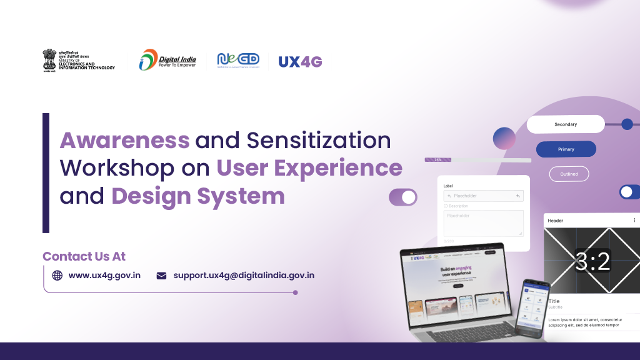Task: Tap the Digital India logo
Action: point(167,60)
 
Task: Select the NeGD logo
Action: point(237,60)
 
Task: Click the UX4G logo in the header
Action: point(300,61)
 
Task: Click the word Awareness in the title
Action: point(124,141)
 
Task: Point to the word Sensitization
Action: point(319,141)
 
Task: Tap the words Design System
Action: point(198,196)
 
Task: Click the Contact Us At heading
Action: point(84,256)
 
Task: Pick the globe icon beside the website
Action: point(57,275)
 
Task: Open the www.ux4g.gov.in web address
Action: point(104,275)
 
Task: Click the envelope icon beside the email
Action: point(161,275)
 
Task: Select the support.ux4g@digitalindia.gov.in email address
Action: point(244,275)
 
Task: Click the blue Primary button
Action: point(566,149)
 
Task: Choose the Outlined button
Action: point(569,174)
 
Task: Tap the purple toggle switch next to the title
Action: point(403,197)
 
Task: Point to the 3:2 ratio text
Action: point(592,261)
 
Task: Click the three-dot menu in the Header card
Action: point(634,220)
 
